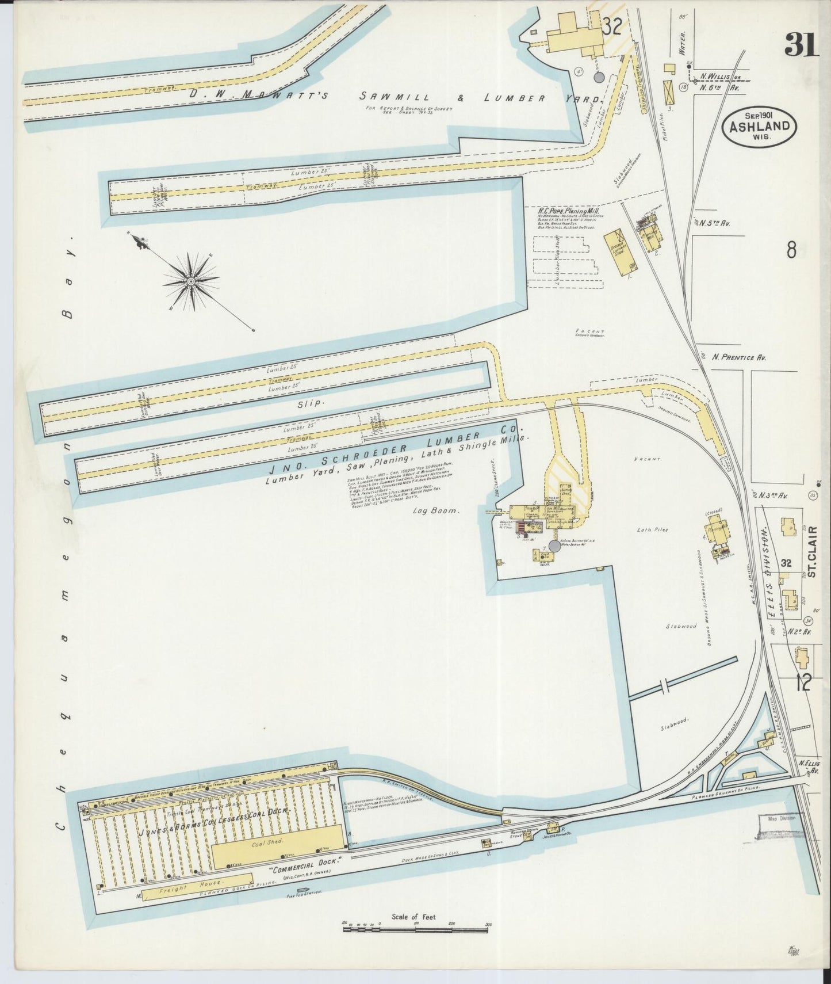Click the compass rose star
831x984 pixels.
pos(190,281)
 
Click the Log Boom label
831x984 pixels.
pos(436,510)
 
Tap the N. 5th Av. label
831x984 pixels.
pos(716,223)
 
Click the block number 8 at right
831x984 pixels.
pos(791,250)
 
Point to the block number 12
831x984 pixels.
pos(803,684)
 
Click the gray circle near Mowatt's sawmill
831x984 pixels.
pos(598,77)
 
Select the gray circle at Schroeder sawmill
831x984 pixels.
pos(554,546)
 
